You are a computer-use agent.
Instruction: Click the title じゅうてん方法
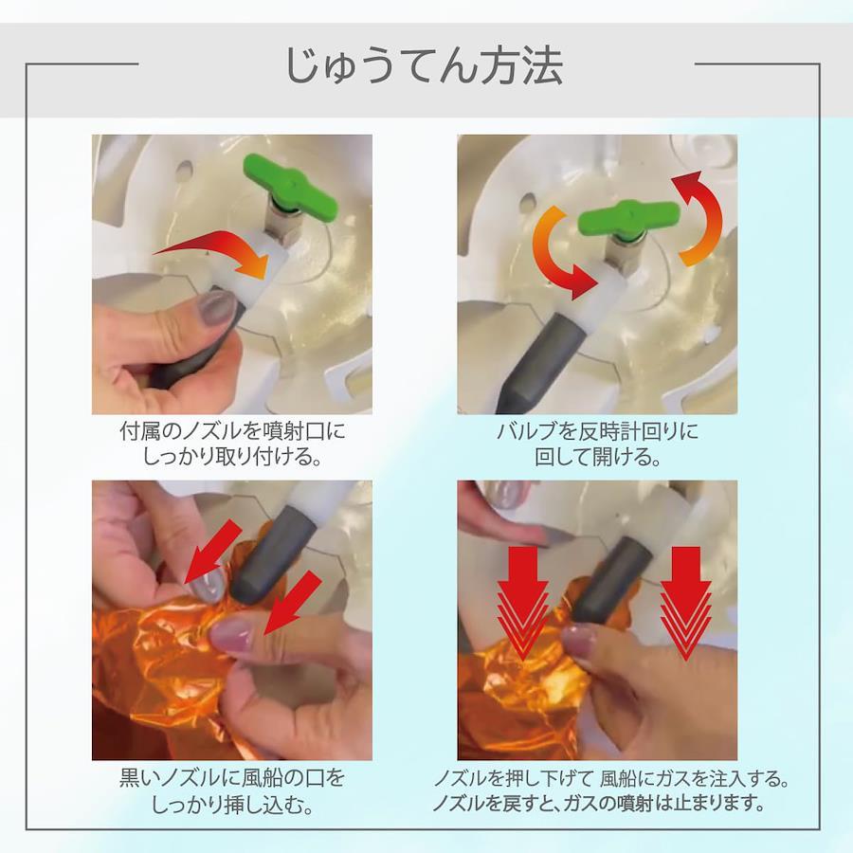[x=424, y=66]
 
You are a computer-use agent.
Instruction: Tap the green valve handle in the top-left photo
[x=290, y=186]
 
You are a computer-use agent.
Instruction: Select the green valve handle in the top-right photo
[x=629, y=219]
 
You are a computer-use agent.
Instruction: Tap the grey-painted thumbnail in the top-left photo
[x=215, y=306]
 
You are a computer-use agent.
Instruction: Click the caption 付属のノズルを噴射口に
[x=232, y=432]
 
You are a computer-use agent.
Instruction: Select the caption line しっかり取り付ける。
[x=232, y=457]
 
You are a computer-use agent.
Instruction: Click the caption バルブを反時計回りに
[x=597, y=432]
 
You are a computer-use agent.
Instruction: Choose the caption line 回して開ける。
[x=597, y=457]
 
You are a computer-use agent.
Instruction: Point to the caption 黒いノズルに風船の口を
[x=232, y=778]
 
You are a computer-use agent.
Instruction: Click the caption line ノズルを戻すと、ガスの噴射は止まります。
[x=598, y=803]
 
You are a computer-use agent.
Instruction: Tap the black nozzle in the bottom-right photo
[x=609, y=581]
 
